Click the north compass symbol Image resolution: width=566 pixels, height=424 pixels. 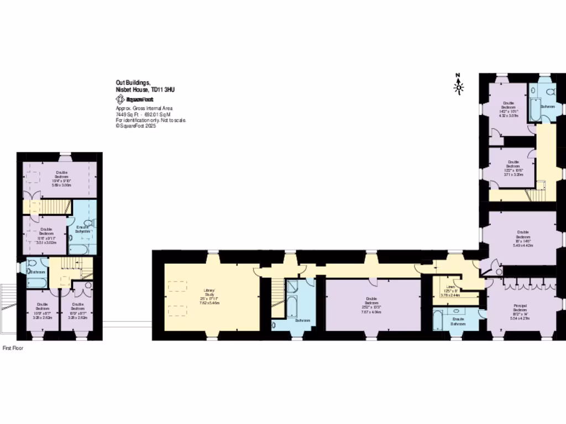(x=458, y=85)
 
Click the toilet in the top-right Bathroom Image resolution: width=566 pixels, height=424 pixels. (x=548, y=92)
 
